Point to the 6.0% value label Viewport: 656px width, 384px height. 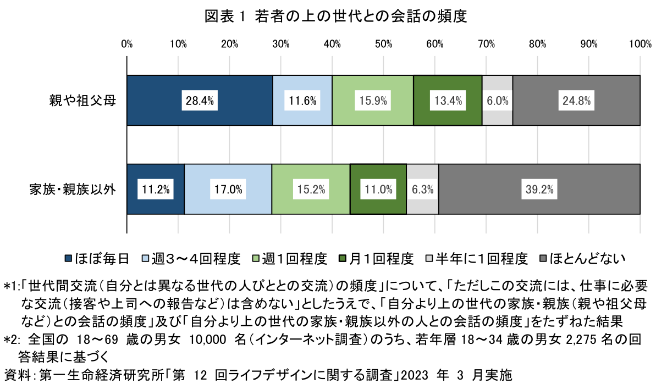pyautogui.click(x=498, y=101)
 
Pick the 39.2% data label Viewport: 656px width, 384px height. pyautogui.click(x=539, y=190)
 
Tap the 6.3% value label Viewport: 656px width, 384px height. pyautogui.click(x=423, y=190)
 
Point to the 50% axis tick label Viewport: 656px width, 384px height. pyautogui.click(x=383, y=44)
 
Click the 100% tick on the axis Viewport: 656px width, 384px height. pyautogui.click(x=640, y=44)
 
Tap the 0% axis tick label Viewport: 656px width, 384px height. pyautogui.click(x=127, y=44)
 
